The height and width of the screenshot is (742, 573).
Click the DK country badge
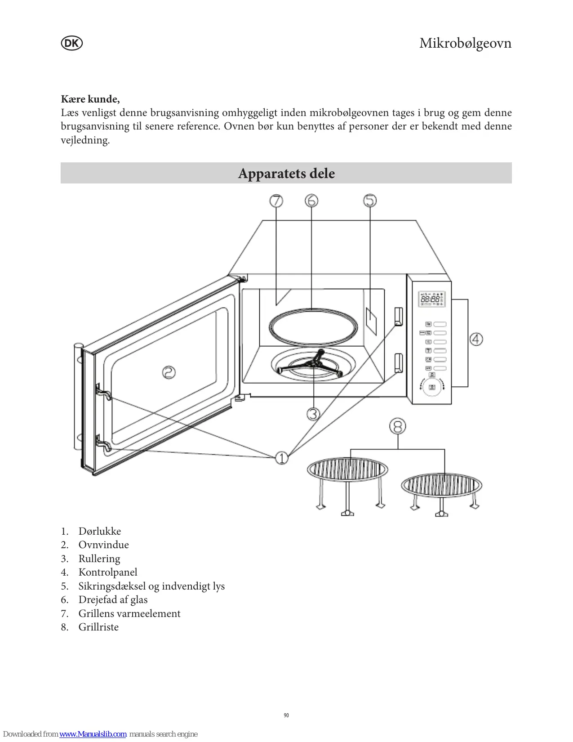pyautogui.click(x=71, y=43)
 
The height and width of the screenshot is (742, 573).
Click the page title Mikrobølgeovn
pyautogui.click(x=465, y=43)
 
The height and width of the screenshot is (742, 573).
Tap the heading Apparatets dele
pyautogui.click(x=286, y=173)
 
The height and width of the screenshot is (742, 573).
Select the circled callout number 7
pyautogui.click(x=276, y=201)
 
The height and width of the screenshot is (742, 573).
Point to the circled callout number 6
pyautogui.click(x=311, y=201)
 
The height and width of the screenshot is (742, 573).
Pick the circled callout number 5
pyautogui.click(x=370, y=201)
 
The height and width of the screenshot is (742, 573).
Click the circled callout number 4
pyautogui.click(x=476, y=339)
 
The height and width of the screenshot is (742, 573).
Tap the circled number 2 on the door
pyautogui.click(x=169, y=372)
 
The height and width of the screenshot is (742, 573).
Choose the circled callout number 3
pyautogui.click(x=313, y=413)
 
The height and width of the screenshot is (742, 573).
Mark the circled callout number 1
pyautogui.click(x=282, y=458)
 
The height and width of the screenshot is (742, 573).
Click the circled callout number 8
pyautogui.click(x=398, y=426)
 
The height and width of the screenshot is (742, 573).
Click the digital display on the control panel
pyautogui.click(x=431, y=299)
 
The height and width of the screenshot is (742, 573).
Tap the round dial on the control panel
pyautogui.click(x=432, y=387)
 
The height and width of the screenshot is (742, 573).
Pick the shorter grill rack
pyautogui.click(x=441, y=492)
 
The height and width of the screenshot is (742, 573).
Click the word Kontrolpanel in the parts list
pyautogui.click(x=108, y=572)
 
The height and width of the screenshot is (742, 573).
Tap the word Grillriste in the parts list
pyautogui.click(x=98, y=627)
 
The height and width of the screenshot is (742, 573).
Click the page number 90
pyautogui.click(x=286, y=715)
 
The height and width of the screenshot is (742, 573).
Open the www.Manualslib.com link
pyautogui.click(x=93, y=734)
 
